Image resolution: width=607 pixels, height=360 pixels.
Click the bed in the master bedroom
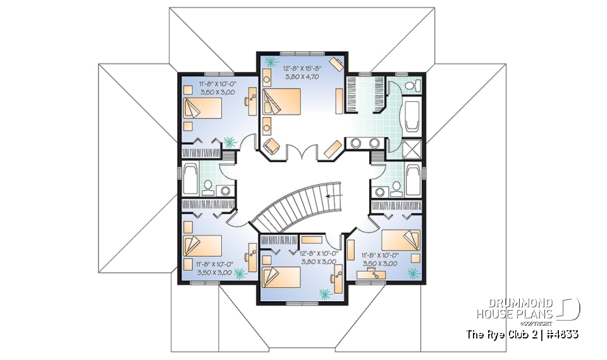(281, 101)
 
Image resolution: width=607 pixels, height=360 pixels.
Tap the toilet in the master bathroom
(410, 86)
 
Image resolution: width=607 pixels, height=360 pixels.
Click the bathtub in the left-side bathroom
(190, 179)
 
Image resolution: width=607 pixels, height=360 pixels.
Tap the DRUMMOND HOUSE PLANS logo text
(515, 308)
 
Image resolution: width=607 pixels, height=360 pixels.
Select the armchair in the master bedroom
(273, 145)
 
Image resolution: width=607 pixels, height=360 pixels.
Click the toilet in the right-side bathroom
(396, 187)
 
